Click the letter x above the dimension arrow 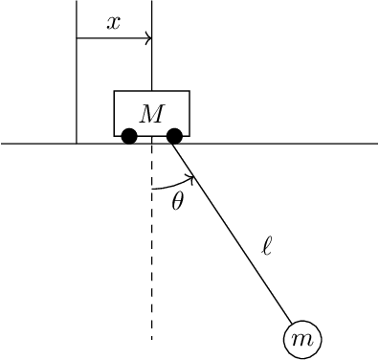click(x=113, y=24)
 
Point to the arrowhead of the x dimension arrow click(x=148, y=38)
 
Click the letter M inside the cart click(x=151, y=114)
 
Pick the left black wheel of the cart click(x=129, y=136)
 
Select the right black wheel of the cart click(x=174, y=136)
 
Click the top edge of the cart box click(x=151, y=91)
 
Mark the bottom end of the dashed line click(x=151, y=339)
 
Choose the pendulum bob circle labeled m click(x=301, y=338)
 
